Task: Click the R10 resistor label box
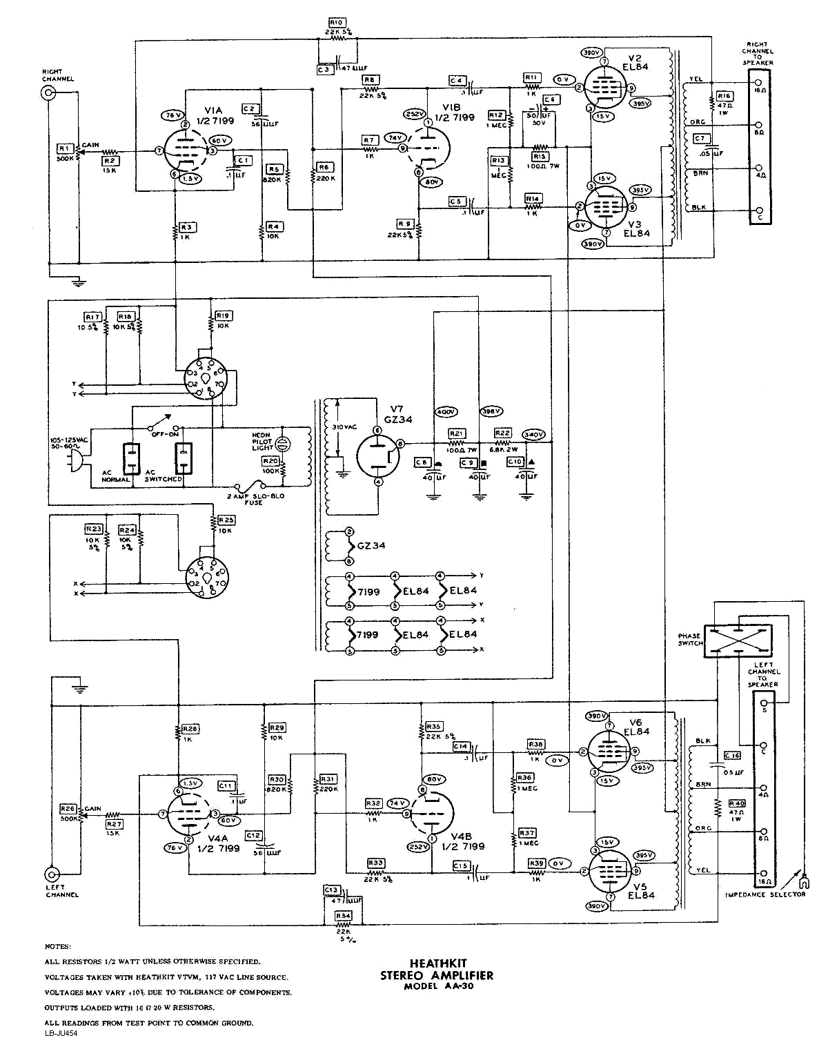[x=337, y=23]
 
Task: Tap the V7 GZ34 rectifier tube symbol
[x=378, y=455]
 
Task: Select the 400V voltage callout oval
[x=446, y=412]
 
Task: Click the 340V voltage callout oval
[x=533, y=435]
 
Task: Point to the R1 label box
[x=65, y=148]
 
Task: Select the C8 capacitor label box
[x=422, y=462]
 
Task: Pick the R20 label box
[x=270, y=460]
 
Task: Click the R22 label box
[x=502, y=433]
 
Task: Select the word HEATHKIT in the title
[x=437, y=963]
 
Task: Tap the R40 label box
[x=737, y=803]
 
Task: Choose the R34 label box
[x=343, y=916]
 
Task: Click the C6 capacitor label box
[x=550, y=99]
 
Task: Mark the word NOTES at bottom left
[x=58, y=946]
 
